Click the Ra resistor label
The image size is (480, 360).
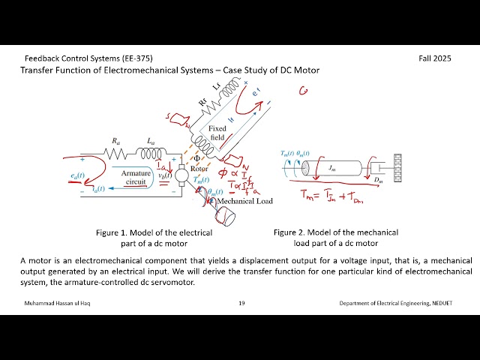(115, 141)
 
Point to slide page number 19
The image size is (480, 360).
(241, 303)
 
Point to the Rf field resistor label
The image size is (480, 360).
(203, 103)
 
